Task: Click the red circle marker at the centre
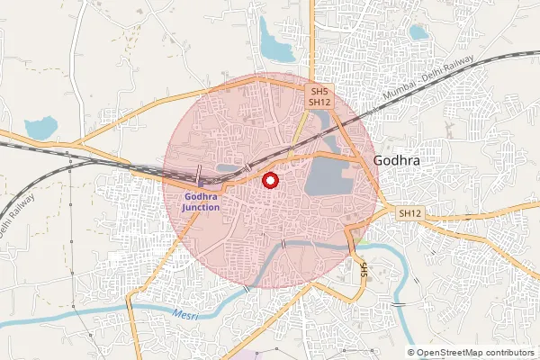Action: pos(269,180)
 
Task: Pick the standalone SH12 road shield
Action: pos(410,212)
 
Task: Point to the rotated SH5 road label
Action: pos(364,269)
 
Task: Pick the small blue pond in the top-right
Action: pos(418,32)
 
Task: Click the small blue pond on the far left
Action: pos(41,129)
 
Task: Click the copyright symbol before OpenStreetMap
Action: pos(411,353)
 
